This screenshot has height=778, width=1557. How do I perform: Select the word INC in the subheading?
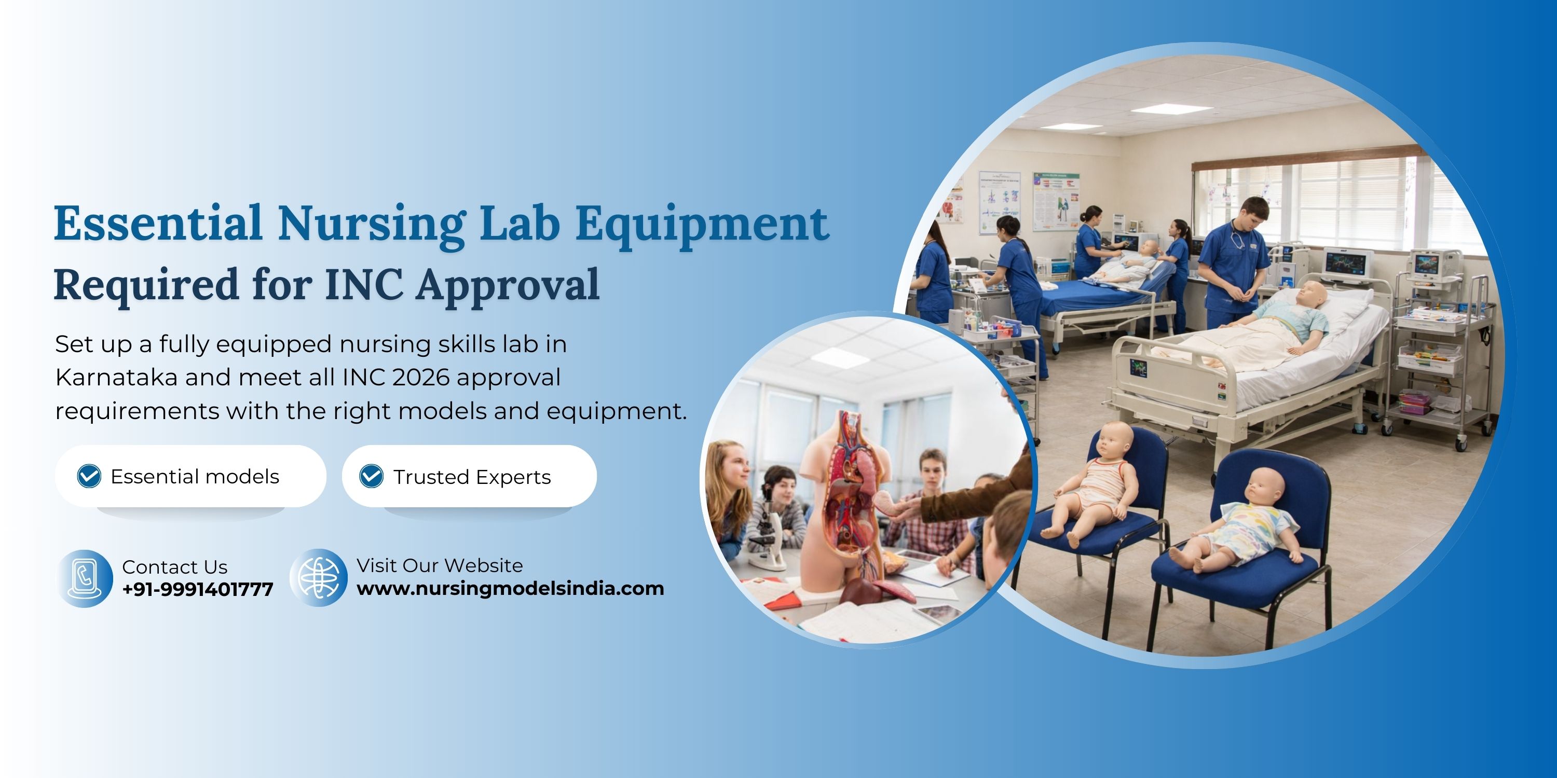[x=364, y=285]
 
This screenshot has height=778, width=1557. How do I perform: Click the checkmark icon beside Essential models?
[x=89, y=476]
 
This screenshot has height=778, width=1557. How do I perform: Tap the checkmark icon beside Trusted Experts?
[x=371, y=476]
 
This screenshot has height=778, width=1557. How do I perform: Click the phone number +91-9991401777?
[x=198, y=589]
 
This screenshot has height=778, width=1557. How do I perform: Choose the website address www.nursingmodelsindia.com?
[x=510, y=588]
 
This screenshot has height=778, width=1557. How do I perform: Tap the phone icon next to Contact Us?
[x=85, y=578]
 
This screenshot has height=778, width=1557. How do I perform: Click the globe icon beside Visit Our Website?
[x=319, y=577]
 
